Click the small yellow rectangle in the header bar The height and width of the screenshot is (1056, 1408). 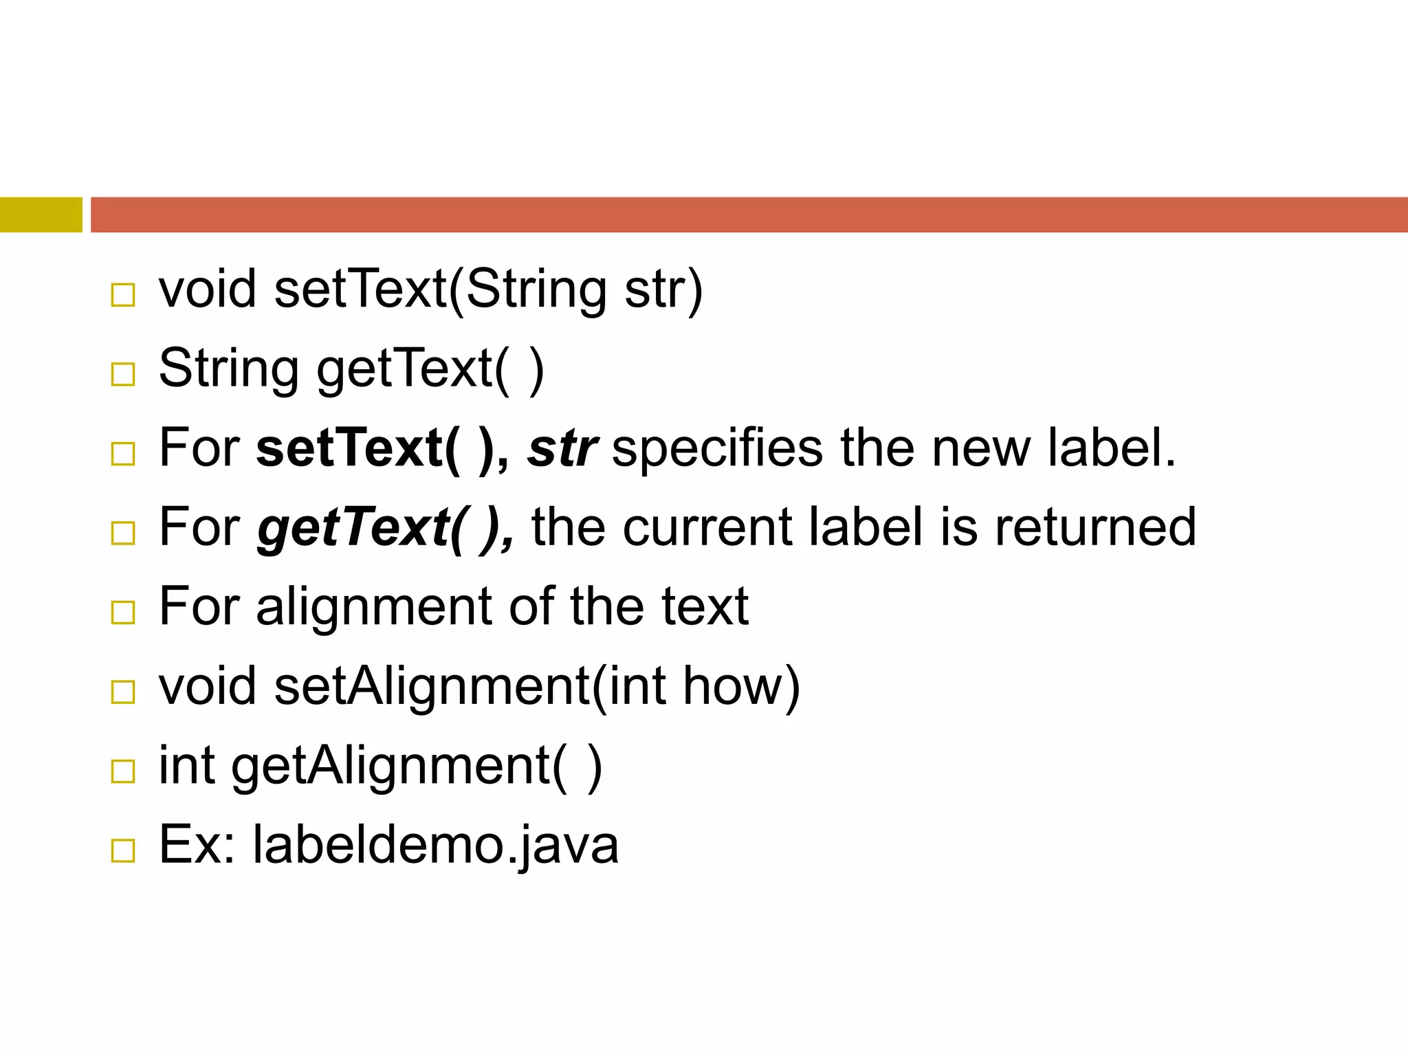[x=41, y=214]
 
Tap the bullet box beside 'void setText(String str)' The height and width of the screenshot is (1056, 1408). [x=123, y=295]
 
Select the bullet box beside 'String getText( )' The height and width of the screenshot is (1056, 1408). [x=123, y=374]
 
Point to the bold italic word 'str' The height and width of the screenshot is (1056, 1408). [x=562, y=448]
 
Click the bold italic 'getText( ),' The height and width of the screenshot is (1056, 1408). [x=385, y=528]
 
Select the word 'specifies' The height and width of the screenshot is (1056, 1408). [x=716, y=448]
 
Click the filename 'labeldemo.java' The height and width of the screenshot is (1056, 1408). [x=435, y=845]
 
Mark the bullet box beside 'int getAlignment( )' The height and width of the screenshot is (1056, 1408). [x=123, y=771]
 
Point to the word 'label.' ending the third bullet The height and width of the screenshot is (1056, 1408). [x=1112, y=448]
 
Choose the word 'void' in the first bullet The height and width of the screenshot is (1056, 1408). [x=208, y=289]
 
